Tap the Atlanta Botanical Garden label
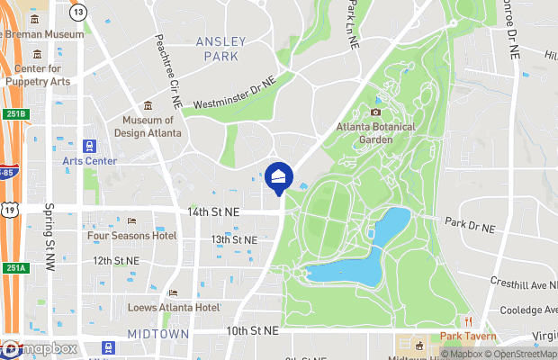(376, 133)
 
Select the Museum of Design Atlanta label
(148, 127)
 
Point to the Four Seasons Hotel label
(131, 236)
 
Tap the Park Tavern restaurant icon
(468, 322)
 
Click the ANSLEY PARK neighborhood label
(217, 49)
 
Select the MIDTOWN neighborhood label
(157, 334)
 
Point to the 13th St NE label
(234, 240)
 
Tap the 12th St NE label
(115, 260)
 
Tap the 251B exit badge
(14, 114)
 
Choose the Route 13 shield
(79, 12)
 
